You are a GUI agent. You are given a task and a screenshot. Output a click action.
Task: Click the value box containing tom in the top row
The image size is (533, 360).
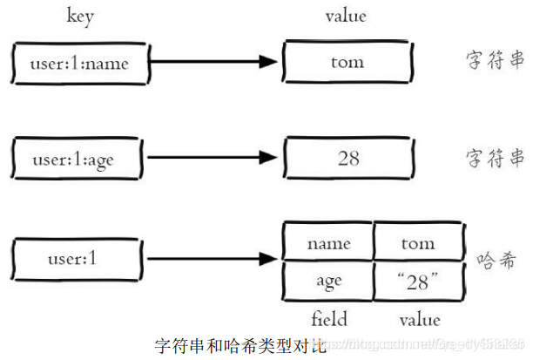(x=347, y=63)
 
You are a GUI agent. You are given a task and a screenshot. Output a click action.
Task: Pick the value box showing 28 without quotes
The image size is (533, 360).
(x=347, y=160)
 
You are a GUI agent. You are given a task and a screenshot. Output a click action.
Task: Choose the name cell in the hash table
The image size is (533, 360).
(x=328, y=243)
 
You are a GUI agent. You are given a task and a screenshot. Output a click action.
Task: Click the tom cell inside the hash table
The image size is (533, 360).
(x=418, y=243)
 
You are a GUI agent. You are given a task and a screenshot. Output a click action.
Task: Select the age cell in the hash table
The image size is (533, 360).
(x=328, y=281)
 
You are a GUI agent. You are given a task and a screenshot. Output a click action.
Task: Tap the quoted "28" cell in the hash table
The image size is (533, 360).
(x=418, y=281)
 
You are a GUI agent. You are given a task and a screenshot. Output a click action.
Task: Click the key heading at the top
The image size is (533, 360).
(x=80, y=17)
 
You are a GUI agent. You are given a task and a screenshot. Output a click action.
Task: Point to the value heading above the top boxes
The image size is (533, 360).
(x=346, y=17)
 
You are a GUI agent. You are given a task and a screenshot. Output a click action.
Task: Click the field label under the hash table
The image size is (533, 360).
(x=329, y=318)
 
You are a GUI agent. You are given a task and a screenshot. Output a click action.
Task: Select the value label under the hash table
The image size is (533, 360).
(x=419, y=318)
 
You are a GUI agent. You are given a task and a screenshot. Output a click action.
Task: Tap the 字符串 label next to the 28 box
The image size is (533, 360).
(x=493, y=158)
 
